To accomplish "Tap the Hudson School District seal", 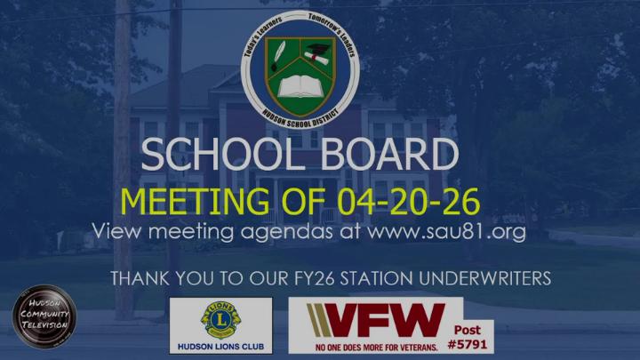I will [x=300, y=71].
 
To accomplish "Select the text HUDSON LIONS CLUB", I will [x=220, y=343].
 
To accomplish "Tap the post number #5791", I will [x=470, y=341].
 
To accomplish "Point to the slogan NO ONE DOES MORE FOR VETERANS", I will [x=372, y=345].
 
